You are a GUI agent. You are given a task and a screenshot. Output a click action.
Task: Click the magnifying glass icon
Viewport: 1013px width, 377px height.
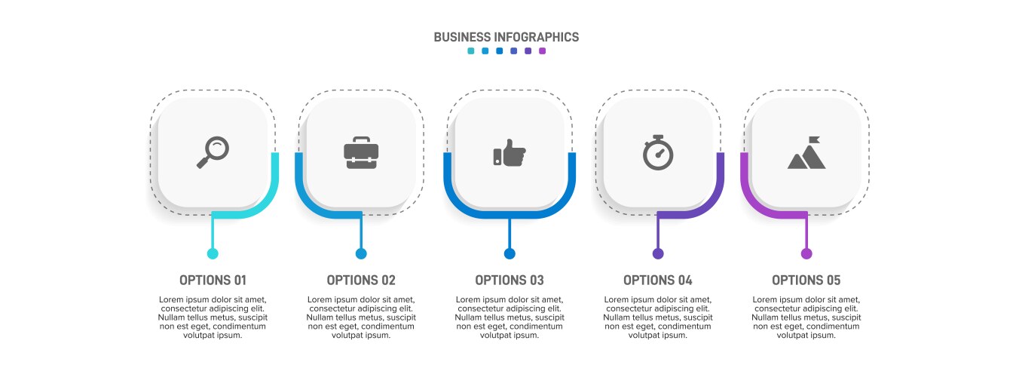(x=213, y=152)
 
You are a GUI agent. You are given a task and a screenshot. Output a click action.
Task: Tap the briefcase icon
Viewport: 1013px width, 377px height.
(x=361, y=152)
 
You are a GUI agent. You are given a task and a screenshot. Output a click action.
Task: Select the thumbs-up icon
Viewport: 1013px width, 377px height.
(x=510, y=152)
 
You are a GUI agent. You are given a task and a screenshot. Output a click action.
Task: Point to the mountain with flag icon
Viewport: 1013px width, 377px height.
(x=806, y=153)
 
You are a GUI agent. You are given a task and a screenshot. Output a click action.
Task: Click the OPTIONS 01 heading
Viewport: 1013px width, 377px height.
(x=213, y=280)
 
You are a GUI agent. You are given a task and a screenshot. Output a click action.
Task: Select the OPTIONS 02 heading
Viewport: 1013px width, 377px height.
(x=361, y=280)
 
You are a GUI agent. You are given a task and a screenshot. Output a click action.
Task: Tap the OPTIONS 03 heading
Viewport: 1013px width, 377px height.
(x=510, y=280)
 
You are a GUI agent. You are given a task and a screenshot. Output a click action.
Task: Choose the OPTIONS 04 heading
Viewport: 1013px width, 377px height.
(x=658, y=280)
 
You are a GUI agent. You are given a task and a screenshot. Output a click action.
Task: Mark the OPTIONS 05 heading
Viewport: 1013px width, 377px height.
(x=806, y=280)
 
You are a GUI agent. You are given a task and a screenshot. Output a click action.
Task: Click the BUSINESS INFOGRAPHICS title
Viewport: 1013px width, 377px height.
(x=506, y=37)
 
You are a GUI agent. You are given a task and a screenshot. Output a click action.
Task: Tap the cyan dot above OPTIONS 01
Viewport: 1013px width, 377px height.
(x=213, y=253)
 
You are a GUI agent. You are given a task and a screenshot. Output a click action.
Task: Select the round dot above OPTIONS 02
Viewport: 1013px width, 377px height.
(x=361, y=253)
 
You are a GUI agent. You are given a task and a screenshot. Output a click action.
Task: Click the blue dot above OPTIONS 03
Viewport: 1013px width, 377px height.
(x=510, y=253)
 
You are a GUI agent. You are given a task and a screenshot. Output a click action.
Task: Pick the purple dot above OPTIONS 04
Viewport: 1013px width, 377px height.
(x=658, y=253)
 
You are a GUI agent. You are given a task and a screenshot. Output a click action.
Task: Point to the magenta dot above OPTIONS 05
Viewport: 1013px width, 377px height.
(x=806, y=253)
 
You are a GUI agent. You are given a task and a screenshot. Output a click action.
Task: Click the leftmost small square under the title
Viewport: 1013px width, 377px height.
(x=471, y=51)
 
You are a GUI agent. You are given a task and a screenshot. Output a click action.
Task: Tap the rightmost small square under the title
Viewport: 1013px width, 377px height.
(x=542, y=51)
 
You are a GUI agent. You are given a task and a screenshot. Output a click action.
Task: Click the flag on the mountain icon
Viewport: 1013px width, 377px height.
(x=814, y=140)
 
